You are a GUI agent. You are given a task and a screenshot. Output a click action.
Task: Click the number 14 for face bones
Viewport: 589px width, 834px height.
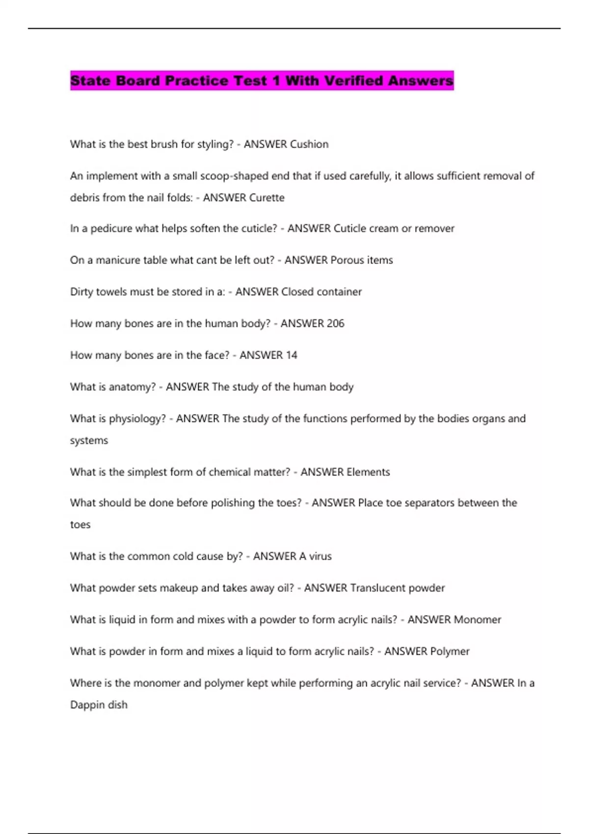pos(292,355)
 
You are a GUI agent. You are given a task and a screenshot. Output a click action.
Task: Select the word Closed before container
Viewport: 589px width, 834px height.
pos(297,292)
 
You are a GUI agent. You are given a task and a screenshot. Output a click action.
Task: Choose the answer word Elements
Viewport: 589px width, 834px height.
pos(368,472)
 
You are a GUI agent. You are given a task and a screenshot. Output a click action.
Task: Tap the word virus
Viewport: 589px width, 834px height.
pos(320,556)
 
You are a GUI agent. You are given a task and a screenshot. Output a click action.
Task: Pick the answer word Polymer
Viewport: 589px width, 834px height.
pos(450,652)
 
